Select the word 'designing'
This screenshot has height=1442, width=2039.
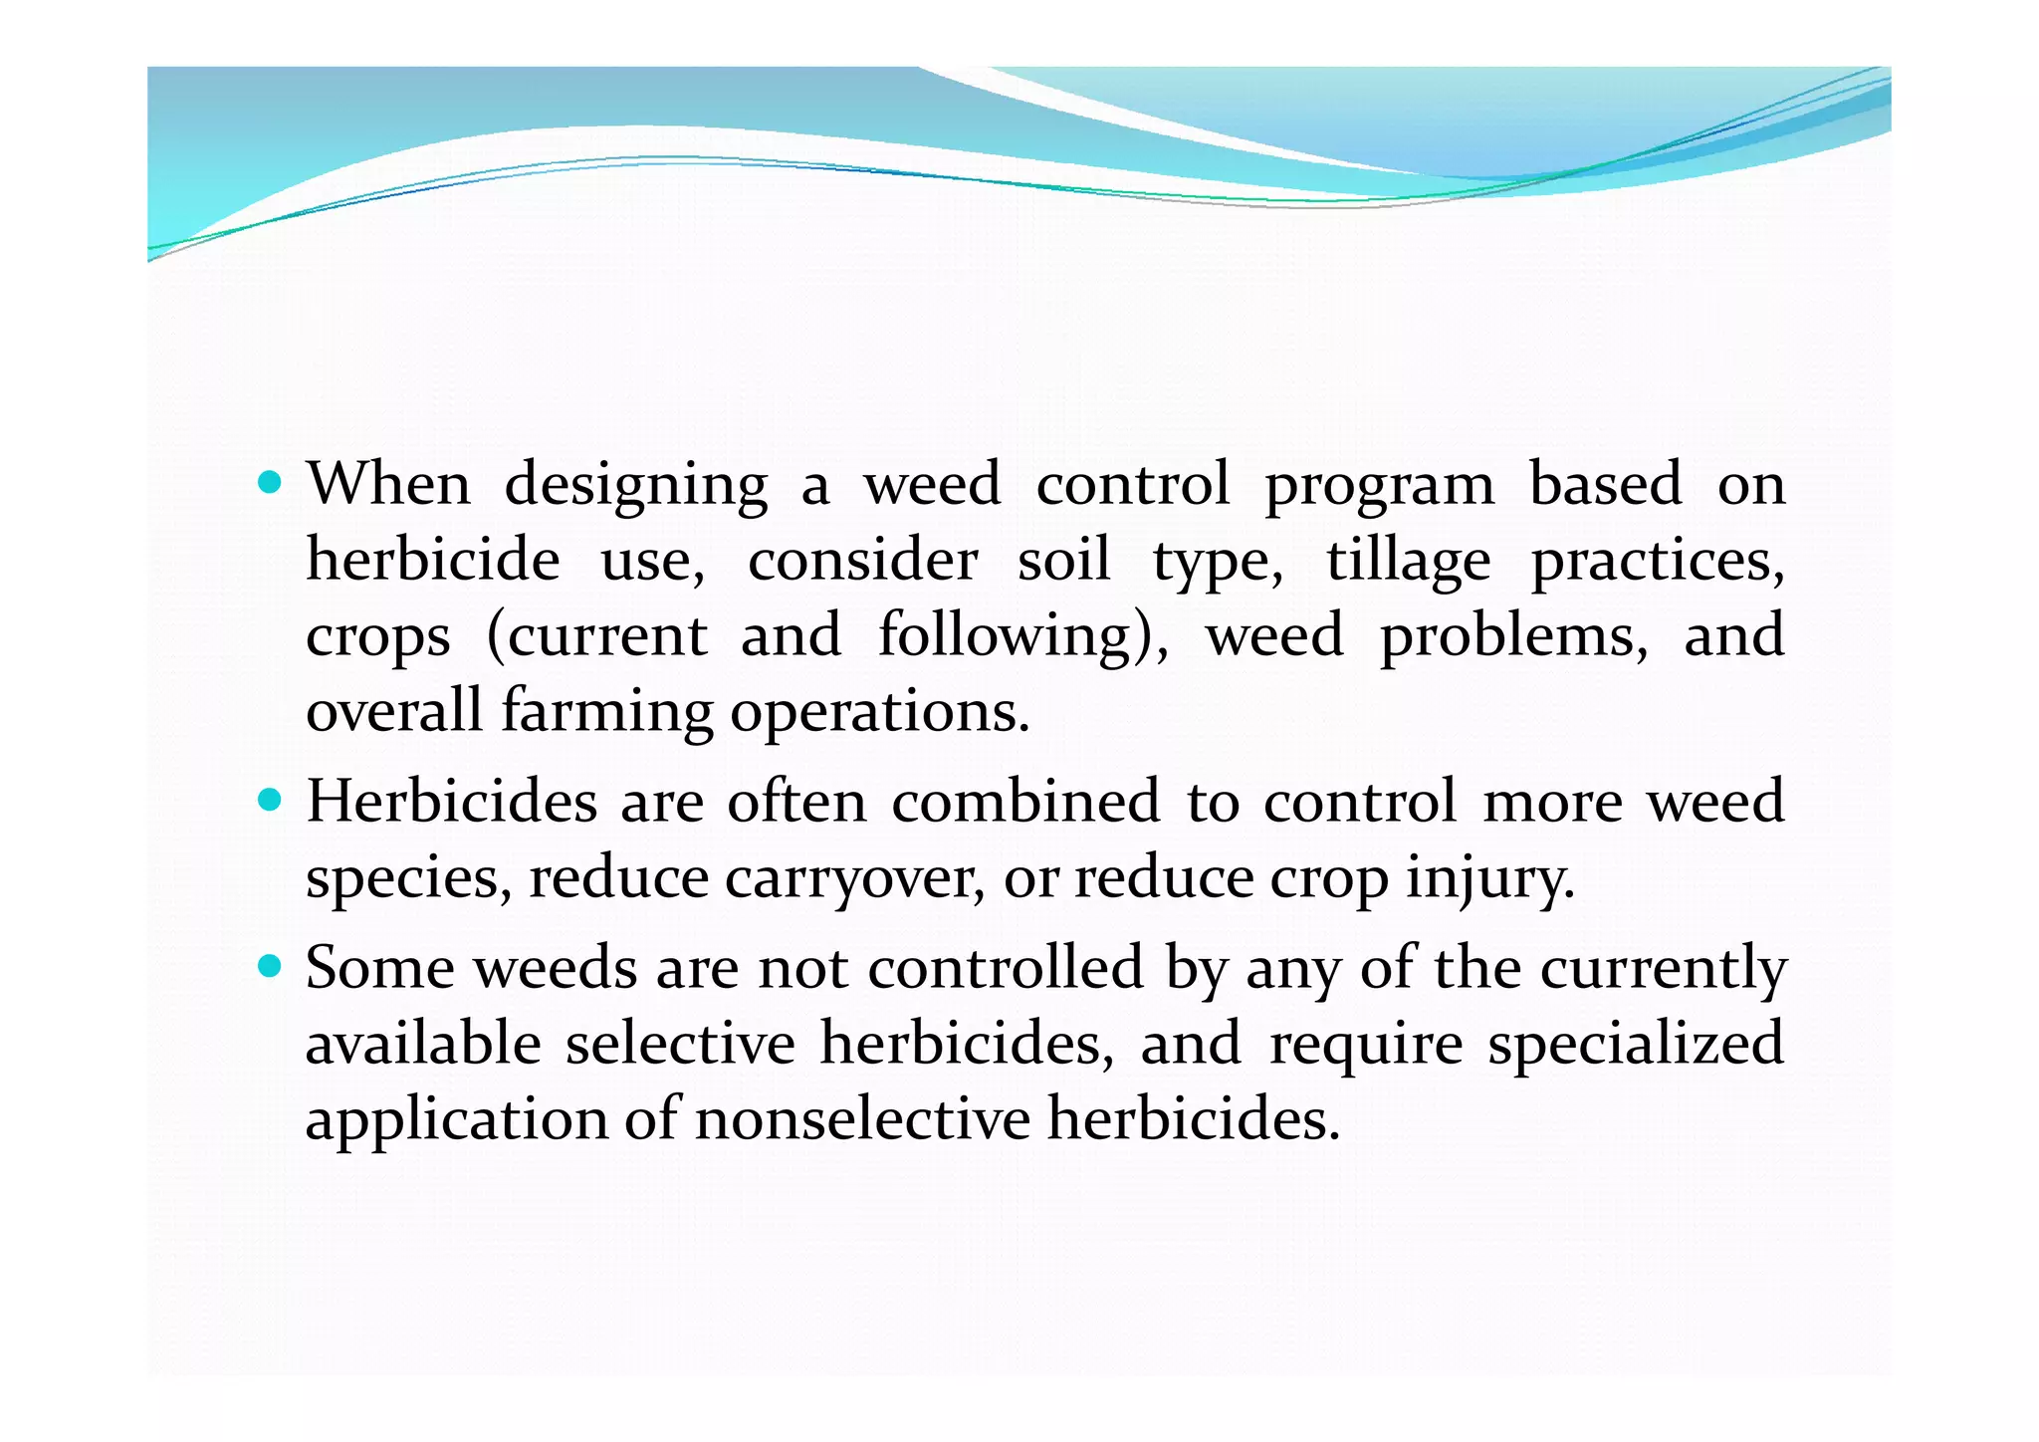(x=636, y=486)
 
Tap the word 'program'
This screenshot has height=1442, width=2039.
(x=1379, y=486)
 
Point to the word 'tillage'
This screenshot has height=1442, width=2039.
(x=1408, y=562)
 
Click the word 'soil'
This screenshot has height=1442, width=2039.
(x=1063, y=560)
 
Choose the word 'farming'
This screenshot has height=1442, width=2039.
(x=606, y=713)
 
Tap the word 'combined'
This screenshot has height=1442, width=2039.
(x=1025, y=801)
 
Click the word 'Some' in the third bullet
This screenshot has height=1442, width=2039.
(x=379, y=967)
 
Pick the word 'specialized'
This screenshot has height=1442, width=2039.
(x=1636, y=1045)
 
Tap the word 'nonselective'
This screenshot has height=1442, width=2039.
(x=862, y=1118)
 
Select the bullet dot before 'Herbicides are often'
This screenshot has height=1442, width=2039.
(x=269, y=800)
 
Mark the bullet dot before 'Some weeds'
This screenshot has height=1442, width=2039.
(x=269, y=966)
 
